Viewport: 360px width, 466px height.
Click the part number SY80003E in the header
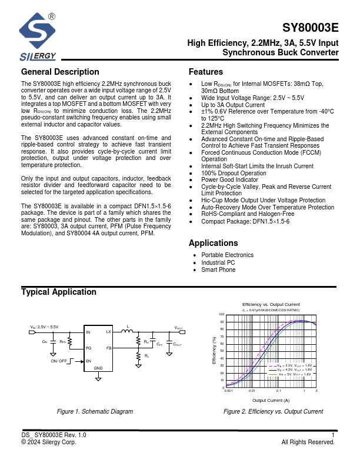coord(311,28)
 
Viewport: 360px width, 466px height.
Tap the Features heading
coord(205,72)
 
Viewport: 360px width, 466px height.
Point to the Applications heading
coord(213,243)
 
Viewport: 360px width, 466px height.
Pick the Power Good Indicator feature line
coord(229,179)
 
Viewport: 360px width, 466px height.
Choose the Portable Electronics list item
coord(227,255)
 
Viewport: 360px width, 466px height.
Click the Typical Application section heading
coord(59,292)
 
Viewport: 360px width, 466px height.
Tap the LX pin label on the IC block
coord(108,332)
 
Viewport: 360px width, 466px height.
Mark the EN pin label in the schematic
coord(89,361)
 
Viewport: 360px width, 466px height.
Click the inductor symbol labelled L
coord(127,332)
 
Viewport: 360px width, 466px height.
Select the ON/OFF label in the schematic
coord(59,361)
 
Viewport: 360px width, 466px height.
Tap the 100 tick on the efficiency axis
coord(222,315)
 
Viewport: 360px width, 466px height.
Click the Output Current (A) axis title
coord(271,400)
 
